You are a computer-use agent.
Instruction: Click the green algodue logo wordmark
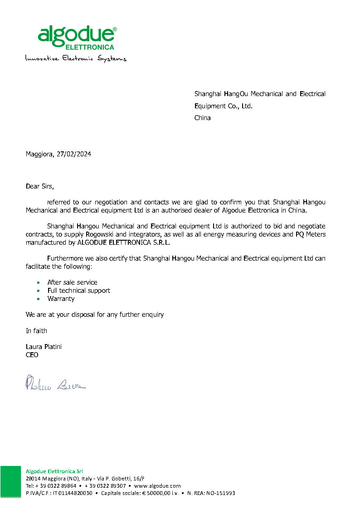tap(76, 35)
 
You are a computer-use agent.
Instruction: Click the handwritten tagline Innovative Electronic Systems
tap(76, 58)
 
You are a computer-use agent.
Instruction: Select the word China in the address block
tap(203, 118)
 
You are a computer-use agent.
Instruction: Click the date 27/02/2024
tap(74, 154)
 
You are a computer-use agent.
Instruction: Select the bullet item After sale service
tap(72, 282)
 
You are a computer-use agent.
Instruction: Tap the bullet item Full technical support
tap(78, 291)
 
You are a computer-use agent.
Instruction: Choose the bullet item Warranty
tap(61, 299)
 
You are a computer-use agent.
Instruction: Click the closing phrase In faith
tap(36, 331)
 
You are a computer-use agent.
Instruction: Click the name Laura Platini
tap(44, 347)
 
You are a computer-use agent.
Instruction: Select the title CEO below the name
tap(32, 355)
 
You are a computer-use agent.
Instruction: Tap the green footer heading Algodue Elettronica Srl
tap(54, 471)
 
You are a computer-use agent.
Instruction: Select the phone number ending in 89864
tap(51, 486)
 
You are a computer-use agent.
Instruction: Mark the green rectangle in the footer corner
tap(10, 481)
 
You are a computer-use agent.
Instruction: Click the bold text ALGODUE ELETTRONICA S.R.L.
tap(124, 242)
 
